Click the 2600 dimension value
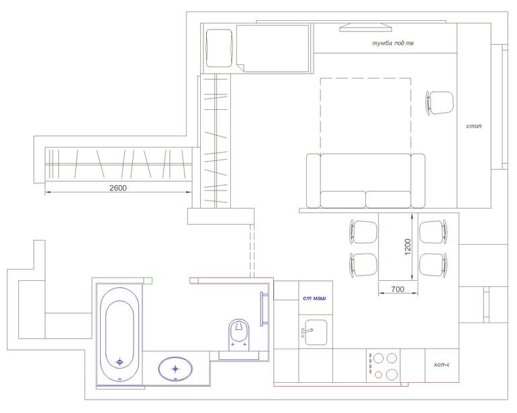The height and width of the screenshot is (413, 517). pos(117,188)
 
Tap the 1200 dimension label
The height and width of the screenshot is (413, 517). pos(408,247)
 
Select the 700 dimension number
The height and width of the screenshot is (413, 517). pos(397,289)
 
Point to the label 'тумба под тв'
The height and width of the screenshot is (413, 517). pos(393,44)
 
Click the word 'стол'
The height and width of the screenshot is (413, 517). pos(474,126)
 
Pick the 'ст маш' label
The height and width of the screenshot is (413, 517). pos(314,298)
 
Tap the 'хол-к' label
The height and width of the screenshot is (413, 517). pos(442,365)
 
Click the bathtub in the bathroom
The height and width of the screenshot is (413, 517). pos(120,335)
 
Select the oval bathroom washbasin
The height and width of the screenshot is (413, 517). pos(175,369)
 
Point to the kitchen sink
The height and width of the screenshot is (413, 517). pos(316,333)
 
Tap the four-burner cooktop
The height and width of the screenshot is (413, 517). pos(383,366)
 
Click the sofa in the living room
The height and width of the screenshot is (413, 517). pos(366,181)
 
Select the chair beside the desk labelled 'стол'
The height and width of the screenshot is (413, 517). pos(440,103)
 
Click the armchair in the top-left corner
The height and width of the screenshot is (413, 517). pos(219,48)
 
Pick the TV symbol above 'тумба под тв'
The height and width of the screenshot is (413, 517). pos(366,27)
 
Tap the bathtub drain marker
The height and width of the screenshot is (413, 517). pos(120,362)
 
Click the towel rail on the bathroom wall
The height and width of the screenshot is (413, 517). pos(263,309)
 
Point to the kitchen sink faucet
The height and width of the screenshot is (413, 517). pos(307,331)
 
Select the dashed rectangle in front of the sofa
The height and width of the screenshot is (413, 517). pos(366,78)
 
